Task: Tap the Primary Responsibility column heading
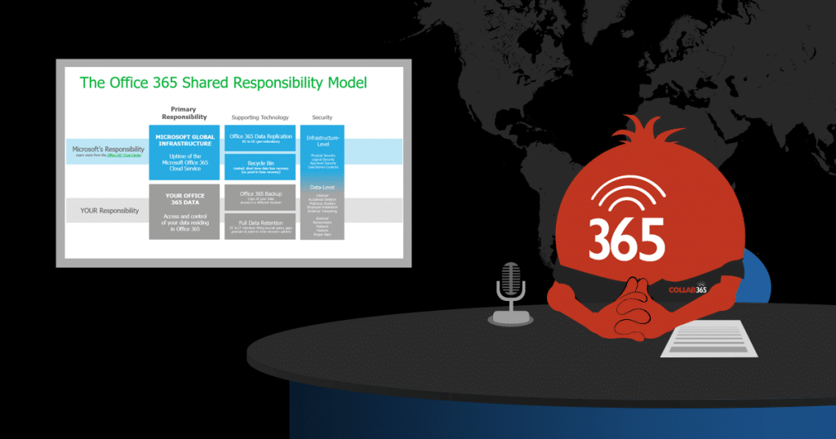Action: (x=184, y=113)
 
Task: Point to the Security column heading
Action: (x=322, y=118)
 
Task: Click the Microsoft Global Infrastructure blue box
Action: (x=184, y=151)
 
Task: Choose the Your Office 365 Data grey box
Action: (x=184, y=211)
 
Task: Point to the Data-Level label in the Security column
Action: (x=322, y=187)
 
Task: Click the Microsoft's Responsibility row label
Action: (x=108, y=150)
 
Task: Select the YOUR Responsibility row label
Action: (x=108, y=211)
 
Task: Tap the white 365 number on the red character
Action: (x=627, y=237)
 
